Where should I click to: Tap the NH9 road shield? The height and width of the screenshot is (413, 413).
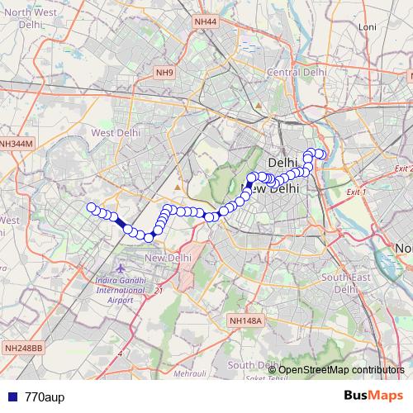click(164, 74)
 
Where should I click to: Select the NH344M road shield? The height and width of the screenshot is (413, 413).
click(16, 143)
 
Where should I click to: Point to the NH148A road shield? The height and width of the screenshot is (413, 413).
click(245, 320)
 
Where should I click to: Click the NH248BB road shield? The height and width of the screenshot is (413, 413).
click(22, 348)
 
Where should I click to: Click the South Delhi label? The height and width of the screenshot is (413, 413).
click(253, 364)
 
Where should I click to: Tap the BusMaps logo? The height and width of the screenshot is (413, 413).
click(373, 395)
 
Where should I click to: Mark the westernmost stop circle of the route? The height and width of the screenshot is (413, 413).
click(91, 207)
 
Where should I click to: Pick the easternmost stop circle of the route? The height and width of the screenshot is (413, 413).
click(321, 154)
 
